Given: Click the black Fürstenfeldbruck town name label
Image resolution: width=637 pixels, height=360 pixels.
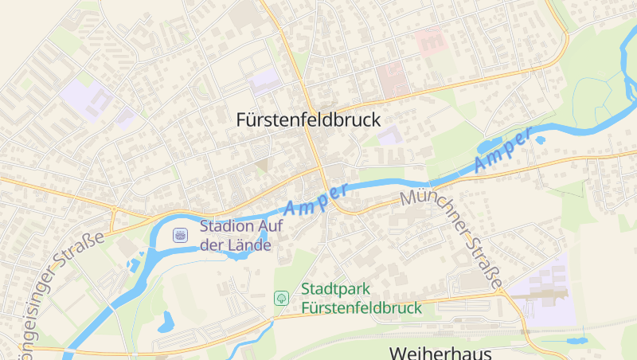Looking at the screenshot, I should [308, 120].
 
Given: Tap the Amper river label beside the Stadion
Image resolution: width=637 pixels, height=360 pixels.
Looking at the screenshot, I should [316, 200].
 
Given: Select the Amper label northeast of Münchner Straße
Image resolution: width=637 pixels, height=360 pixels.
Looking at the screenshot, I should [502, 151].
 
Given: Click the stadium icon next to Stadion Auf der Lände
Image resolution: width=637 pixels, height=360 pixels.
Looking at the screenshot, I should [181, 235].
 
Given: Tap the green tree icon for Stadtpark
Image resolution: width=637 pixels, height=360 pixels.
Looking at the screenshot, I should [281, 298].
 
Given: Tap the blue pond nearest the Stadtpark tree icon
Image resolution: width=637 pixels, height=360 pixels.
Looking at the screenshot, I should [166, 322].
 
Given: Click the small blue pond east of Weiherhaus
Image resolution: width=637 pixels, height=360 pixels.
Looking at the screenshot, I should [575, 341].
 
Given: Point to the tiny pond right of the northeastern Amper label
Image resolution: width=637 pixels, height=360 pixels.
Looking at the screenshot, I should [541, 141].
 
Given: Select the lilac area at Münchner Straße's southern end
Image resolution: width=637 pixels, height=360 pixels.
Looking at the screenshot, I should [543, 289].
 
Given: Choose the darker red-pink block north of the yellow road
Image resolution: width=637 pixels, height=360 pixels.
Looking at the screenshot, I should [392, 79].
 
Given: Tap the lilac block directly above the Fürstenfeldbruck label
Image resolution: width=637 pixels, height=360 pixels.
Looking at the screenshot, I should [265, 80].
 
